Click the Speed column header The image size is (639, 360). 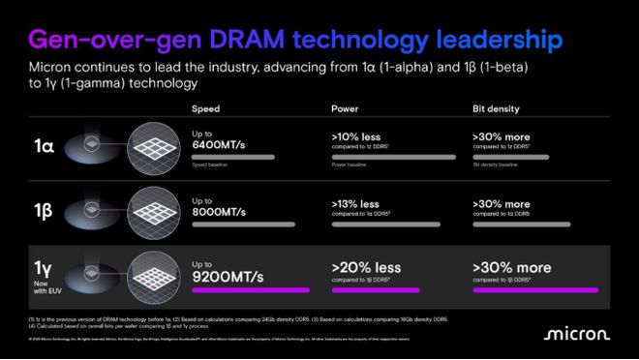(205, 109)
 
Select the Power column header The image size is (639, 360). (346, 109)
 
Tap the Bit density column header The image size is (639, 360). (493, 109)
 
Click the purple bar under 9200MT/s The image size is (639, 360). (255, 289)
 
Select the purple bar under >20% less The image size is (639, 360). (376, 289)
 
